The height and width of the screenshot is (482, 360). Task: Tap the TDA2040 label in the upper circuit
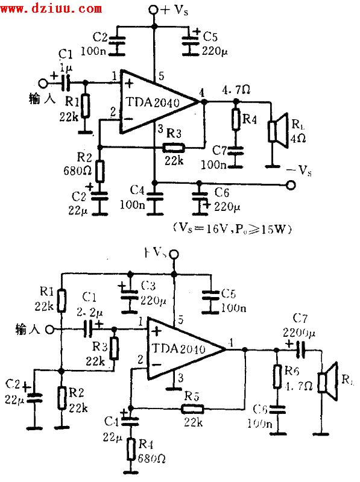(154, 102)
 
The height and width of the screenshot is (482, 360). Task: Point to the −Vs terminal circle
(292, 185)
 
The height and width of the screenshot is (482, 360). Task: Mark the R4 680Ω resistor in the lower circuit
(130, 448)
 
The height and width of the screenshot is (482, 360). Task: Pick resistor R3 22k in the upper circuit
(174, 148)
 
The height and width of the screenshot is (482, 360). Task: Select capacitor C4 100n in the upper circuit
(155, 198)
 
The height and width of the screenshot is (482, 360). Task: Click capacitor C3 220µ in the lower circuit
(128, 295)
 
